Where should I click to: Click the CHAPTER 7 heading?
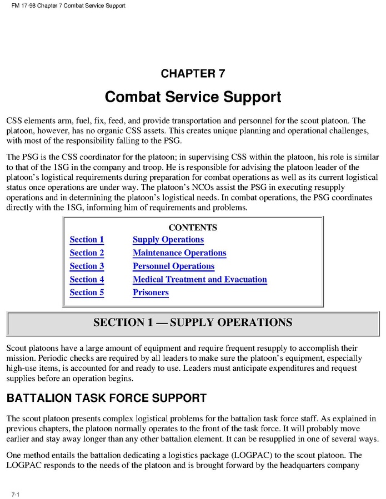coord(193,73)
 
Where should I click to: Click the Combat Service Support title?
coord(193,97)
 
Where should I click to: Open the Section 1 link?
coord(87,240)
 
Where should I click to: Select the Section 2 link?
coord(87,253)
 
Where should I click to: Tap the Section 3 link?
coord(87,266)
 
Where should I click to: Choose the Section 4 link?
coord(87,280)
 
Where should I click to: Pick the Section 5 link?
coord(87,293)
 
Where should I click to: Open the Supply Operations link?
coord(168,240)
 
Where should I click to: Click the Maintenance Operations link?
coord(179,253)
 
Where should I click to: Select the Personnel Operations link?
coord(173,266)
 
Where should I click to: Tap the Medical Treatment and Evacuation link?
coord(199,280)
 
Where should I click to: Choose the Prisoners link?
coord(151,293)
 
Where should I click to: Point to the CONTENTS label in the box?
coord(192,228)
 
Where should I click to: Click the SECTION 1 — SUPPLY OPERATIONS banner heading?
coord(193,322)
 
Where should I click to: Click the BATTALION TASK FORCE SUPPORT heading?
coord(106,398)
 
